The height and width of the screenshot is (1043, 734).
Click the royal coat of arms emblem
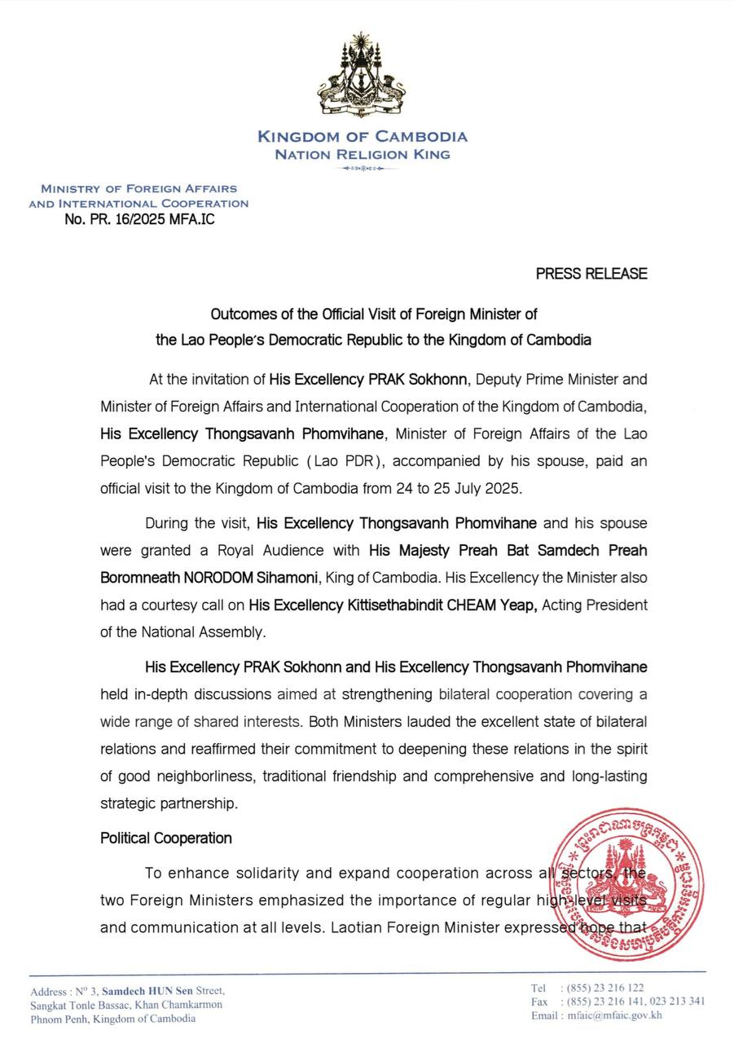(x=361, y=76)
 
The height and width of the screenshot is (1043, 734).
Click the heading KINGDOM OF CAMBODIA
(x=363, y=137)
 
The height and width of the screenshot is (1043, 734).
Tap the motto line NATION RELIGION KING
(x=363, y=154)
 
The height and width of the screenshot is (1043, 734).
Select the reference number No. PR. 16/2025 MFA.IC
(x=139, y=219)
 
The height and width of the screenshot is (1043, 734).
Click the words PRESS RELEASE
(x=591, y=274)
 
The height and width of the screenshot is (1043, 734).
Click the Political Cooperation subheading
(x=166, y=838)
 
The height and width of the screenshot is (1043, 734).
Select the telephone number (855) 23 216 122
(x=603, y=988)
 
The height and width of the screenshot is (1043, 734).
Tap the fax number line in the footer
(x=618, y=1001)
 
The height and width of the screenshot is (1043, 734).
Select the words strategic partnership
(x=169, y=803)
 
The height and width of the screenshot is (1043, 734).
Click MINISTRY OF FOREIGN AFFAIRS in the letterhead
(x=138, y=188)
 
